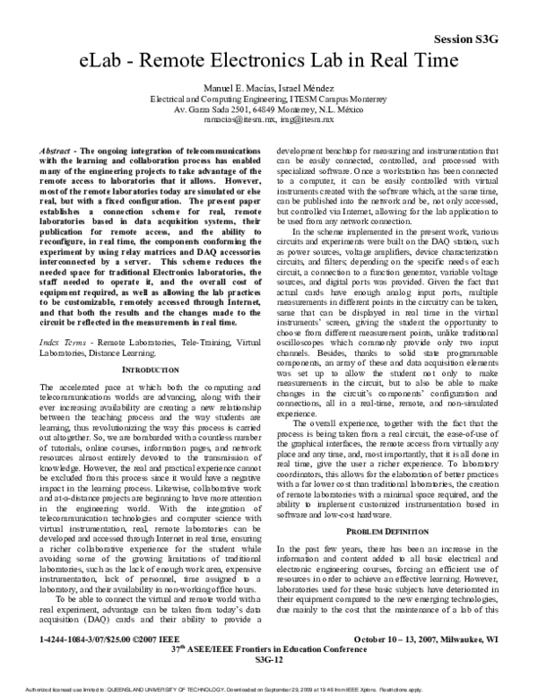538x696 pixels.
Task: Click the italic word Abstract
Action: [60, 144]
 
